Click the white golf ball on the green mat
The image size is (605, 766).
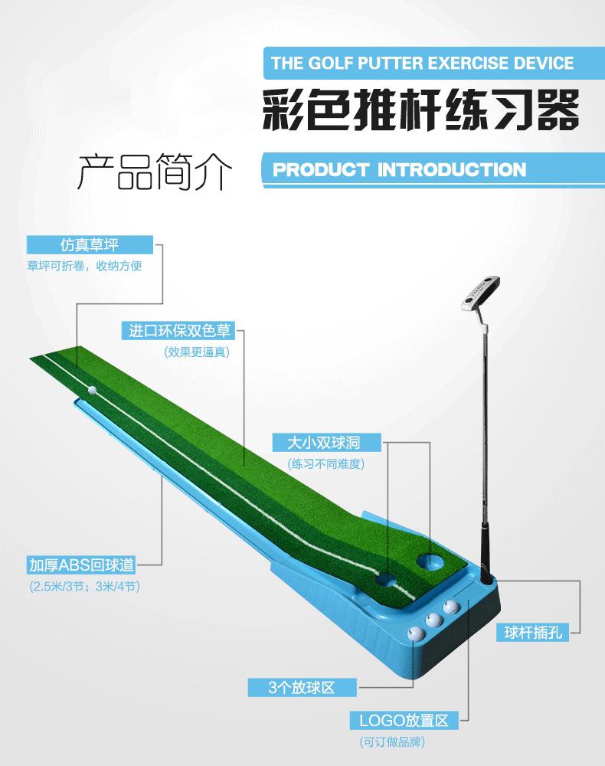pyautogui.click(x=93, y=390)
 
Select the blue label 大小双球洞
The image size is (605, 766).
pyautogui.click(x=324, y=443)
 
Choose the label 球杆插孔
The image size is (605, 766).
pyautogui.click(x=535, y=633)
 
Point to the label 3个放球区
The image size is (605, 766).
pyautogui.click(x=302, y=687)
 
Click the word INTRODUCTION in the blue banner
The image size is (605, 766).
pyautogui.click(x=451, y=169)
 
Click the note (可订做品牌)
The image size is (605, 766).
pyautogui.click(x=392, y=741)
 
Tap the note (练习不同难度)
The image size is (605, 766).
pyautogui.click(x=325, y=463)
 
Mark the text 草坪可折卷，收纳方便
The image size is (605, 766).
pyautogui.click(x=85, y=266)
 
